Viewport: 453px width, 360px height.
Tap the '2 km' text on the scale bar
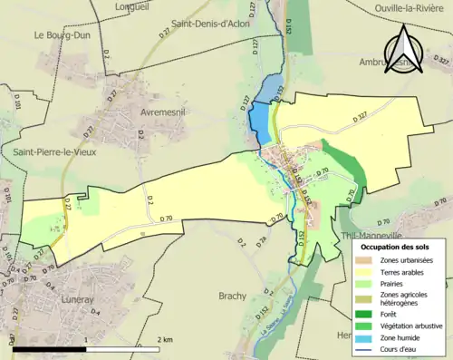[163, 339]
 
